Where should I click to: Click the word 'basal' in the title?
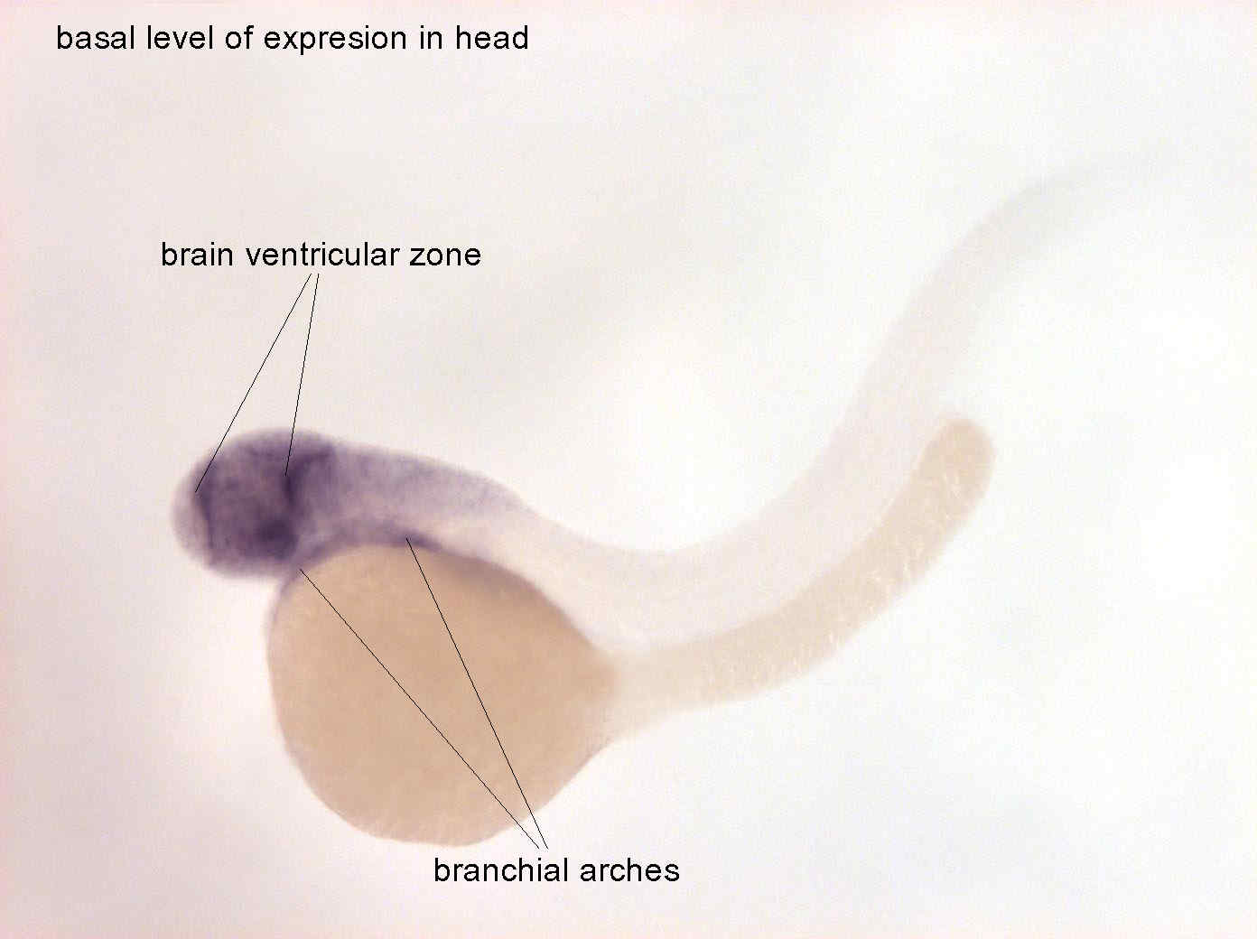[96, 38]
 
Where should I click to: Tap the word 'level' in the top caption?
[180, 38]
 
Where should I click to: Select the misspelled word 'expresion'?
[335, 40]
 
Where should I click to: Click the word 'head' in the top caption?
[491, 38]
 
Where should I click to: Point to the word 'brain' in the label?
[197, 255]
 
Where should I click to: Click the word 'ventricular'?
[321, 255]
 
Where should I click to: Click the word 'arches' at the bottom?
[628, 871]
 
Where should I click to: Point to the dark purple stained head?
[252, 504]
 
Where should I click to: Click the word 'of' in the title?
[237, 38]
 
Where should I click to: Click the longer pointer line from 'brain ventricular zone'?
[253, 383]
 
